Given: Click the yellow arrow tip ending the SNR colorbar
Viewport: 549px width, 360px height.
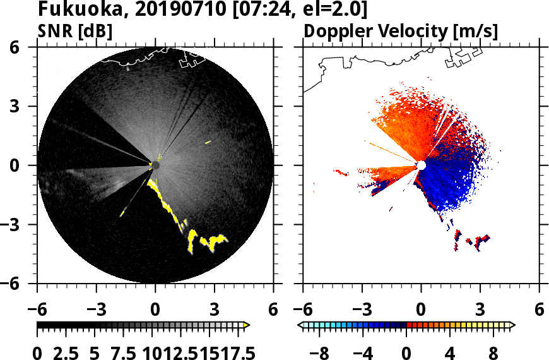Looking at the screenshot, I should pyautogui.click(x=247, y=325).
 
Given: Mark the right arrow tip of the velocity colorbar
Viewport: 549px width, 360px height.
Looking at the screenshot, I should pyautogui.click(x=512, y=325).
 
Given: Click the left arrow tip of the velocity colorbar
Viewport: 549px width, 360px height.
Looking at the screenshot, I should pyautogui.click(x=301, y=325).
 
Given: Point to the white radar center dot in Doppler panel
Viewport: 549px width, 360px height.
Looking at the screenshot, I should pyautogui.click(x=421, y=165).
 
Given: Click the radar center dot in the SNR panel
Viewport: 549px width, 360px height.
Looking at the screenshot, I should pyautogui.click(x=155, y=165).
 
